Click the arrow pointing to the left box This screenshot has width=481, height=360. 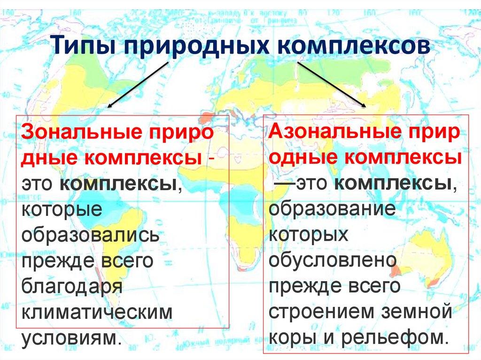pos(136,84)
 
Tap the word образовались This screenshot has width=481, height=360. pos(90,234)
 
